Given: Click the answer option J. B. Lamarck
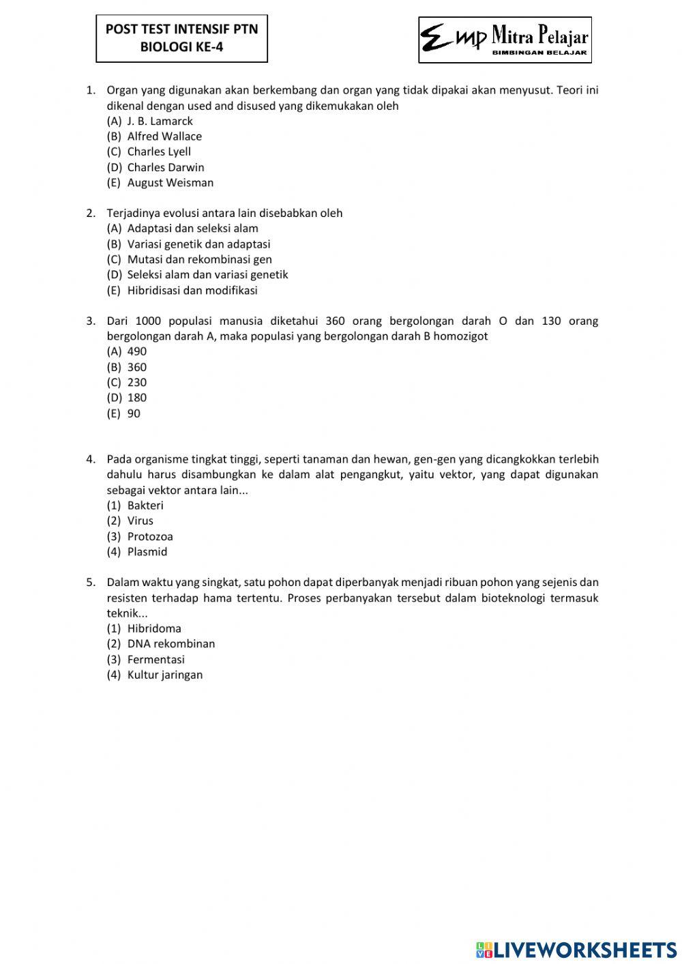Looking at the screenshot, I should coord(160,121).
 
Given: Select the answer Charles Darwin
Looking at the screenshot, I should coord(165,167).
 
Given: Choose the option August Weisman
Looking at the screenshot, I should coord(170,183).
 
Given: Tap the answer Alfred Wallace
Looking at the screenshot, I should coord(164,136).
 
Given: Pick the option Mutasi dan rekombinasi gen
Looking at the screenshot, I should coord(199,259).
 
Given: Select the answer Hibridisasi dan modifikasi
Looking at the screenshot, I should coord(192,290).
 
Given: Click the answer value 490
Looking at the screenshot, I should coord(136,351).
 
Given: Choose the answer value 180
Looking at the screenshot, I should coord(136,398).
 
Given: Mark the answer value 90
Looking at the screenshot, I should coord(134,413).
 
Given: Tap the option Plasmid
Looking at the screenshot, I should coord(147,552).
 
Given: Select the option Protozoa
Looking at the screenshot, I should coord(150,536).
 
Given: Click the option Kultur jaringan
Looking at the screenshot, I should coord(164,675).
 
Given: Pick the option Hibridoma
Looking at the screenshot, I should coord(154,628).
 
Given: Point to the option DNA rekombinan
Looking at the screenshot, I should coord(170,644).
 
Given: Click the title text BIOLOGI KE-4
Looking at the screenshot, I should coord(181,47).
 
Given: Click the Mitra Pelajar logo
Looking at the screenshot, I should coord(505,40).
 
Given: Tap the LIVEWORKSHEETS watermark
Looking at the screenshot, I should coord(576,949).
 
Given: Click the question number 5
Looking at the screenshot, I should coord(91,583).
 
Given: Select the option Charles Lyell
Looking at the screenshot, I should coord(159,151).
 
